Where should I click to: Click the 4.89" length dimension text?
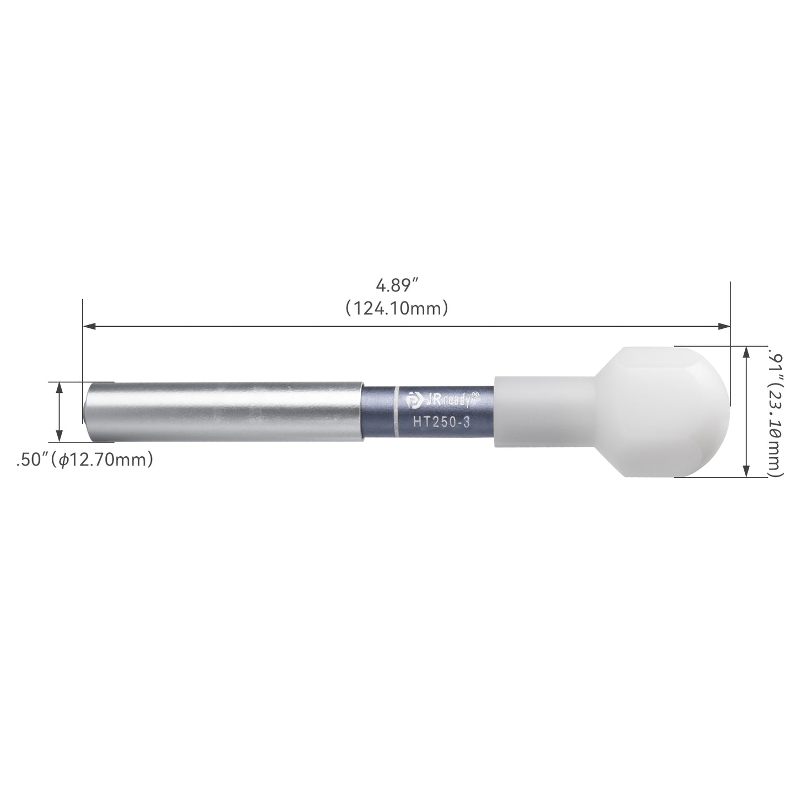click(397, 285)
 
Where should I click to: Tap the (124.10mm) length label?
click(397, 308)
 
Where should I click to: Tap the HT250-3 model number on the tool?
click(441, 423)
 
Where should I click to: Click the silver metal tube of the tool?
click(223, 412)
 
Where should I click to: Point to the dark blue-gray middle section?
click(428, 412)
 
